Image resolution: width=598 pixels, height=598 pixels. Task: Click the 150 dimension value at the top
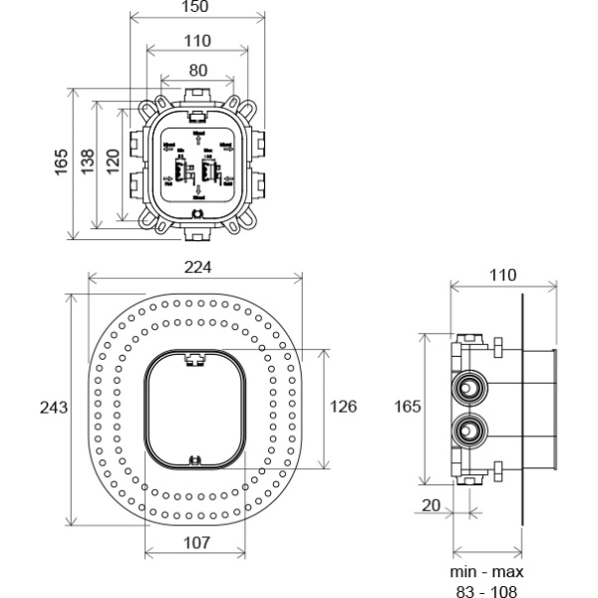tap(197, 8)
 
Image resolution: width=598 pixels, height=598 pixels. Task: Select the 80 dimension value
tap(197, 71)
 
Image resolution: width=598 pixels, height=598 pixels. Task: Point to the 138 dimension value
tap(88, 158)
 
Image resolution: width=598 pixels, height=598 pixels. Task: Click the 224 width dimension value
tap(197, 268)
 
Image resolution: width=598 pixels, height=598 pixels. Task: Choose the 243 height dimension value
tap(55, 408)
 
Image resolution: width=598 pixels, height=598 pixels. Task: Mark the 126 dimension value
tap(344, 408)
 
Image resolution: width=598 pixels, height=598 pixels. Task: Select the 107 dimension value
tap(197, 542)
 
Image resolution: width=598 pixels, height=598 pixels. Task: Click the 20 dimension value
tap(432, 505)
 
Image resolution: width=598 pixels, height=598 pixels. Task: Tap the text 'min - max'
tap(485, 572)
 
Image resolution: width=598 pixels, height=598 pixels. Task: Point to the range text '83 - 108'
tap(485, 590)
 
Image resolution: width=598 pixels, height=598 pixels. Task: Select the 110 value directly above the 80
tap(197, 41)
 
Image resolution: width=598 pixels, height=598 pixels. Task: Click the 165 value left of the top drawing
tap(61, 158)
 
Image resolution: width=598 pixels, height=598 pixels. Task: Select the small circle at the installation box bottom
tap(197, 211)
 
